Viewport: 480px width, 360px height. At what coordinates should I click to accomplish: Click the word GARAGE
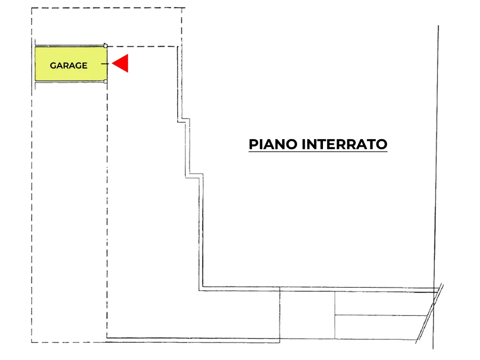(x=68, y=66)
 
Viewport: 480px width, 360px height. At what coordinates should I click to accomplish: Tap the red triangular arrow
(x=120, y=63)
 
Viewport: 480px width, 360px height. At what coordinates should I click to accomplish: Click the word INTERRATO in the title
(x=345, y=144)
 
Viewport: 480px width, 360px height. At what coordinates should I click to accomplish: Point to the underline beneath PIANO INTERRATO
(x=318, y=151)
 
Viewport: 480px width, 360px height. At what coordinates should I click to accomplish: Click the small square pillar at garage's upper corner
(x=105, y=45)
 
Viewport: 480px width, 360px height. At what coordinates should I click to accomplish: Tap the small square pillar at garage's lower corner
(x=105, y=82)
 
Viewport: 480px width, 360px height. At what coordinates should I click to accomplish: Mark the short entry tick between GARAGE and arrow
(x=105, y=64)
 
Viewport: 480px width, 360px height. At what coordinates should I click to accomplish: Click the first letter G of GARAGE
(x=53, y=66)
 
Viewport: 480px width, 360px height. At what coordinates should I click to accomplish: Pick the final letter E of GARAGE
(x=84, y=66)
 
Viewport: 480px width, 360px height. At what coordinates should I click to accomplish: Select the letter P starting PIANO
(x=253, y=144)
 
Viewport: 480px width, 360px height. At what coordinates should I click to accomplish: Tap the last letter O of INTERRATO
(x=382, y=144)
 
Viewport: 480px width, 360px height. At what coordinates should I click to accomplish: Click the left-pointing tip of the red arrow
(x=112, y=63)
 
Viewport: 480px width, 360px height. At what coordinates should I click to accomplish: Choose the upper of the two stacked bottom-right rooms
(x=382, y=303)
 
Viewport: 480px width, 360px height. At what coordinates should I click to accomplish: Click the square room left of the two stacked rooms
(x=307, y=315)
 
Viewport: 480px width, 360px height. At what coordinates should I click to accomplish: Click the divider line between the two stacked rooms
(x=381, y=315)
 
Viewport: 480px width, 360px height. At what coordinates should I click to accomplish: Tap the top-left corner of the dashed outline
(x=31, y=8)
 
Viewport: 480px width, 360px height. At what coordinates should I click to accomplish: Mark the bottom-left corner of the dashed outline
(x=32, y=342)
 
